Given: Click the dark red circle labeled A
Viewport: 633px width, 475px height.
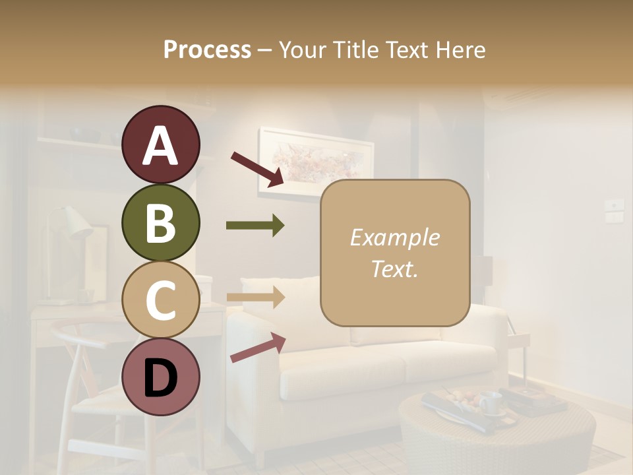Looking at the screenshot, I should click(x=161, y=144).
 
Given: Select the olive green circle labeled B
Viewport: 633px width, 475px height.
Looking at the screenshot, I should click(x=161, y=222).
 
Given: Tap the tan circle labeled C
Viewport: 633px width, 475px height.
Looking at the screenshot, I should click(x=161, y=300).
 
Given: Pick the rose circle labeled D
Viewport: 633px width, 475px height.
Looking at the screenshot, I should click(x=161, y=377).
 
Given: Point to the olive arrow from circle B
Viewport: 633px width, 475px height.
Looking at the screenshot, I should click(x=255, y=226).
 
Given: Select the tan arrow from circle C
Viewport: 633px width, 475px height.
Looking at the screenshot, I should click(x=255, y=298).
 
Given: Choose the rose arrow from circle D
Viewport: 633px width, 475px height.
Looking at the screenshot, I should click(x=258, y=348).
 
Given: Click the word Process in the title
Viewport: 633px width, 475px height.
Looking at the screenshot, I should click(x=207, y=50).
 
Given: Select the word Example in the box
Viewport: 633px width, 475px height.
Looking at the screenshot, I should click(x=394, y=237).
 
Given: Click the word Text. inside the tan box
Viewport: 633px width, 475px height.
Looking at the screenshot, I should click(x=394, y=269).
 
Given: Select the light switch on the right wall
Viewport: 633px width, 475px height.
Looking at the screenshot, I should click(x=615, y=210).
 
